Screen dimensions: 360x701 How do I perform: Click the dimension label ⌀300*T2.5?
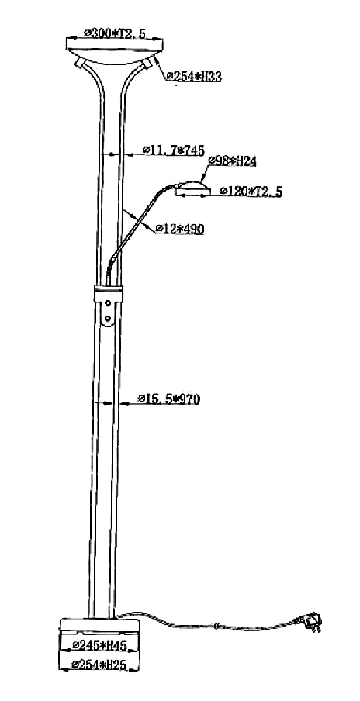pos(115,33)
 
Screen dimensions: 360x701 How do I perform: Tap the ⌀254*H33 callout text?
pos(194,77)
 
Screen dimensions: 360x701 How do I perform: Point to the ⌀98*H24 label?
pos(233,161)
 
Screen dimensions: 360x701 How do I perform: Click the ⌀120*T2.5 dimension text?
pos(251,192)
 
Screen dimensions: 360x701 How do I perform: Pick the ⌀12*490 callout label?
pos(180,229)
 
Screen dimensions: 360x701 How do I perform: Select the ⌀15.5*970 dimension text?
pos(168,399)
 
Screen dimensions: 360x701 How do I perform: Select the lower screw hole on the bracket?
pos(108,318)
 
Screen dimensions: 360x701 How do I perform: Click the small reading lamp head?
pos(193,188)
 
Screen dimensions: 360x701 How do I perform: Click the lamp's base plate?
pos(99,626)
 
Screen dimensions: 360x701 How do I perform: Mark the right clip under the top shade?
pos(150,63)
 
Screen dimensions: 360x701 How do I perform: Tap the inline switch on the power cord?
pos(216,626)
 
